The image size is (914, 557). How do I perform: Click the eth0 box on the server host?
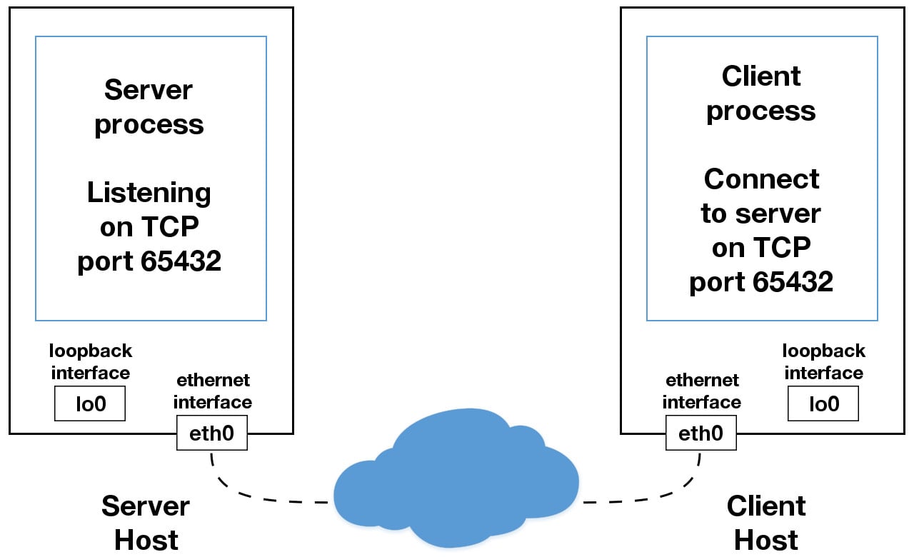[x=211, y=433]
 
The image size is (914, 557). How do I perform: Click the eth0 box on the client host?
[x=700, y=433]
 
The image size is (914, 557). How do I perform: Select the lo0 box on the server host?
[x=90, y=403]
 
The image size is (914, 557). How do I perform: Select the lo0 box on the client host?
[x=823, y=403]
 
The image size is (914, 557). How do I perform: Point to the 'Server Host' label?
[x=146, y=523]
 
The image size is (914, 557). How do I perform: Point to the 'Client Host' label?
[x=766, y=523]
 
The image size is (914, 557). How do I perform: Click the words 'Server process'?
[x=149, y=107]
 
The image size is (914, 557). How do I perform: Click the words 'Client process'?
[x=761, y=93]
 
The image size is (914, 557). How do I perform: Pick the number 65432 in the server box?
[x=181, y=261]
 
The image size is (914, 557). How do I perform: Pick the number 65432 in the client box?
[x=793, y=282]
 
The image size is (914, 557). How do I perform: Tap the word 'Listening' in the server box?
[x=149, y=193]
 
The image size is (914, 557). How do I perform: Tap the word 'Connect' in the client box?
[x=761, y=179]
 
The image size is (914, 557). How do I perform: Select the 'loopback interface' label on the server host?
[x=90, y=362]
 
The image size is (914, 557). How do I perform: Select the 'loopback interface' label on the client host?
[x=823, y=362]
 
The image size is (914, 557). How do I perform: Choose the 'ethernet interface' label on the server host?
[x=212, y=391]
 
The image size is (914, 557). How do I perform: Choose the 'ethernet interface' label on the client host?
[x=701, y=391]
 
